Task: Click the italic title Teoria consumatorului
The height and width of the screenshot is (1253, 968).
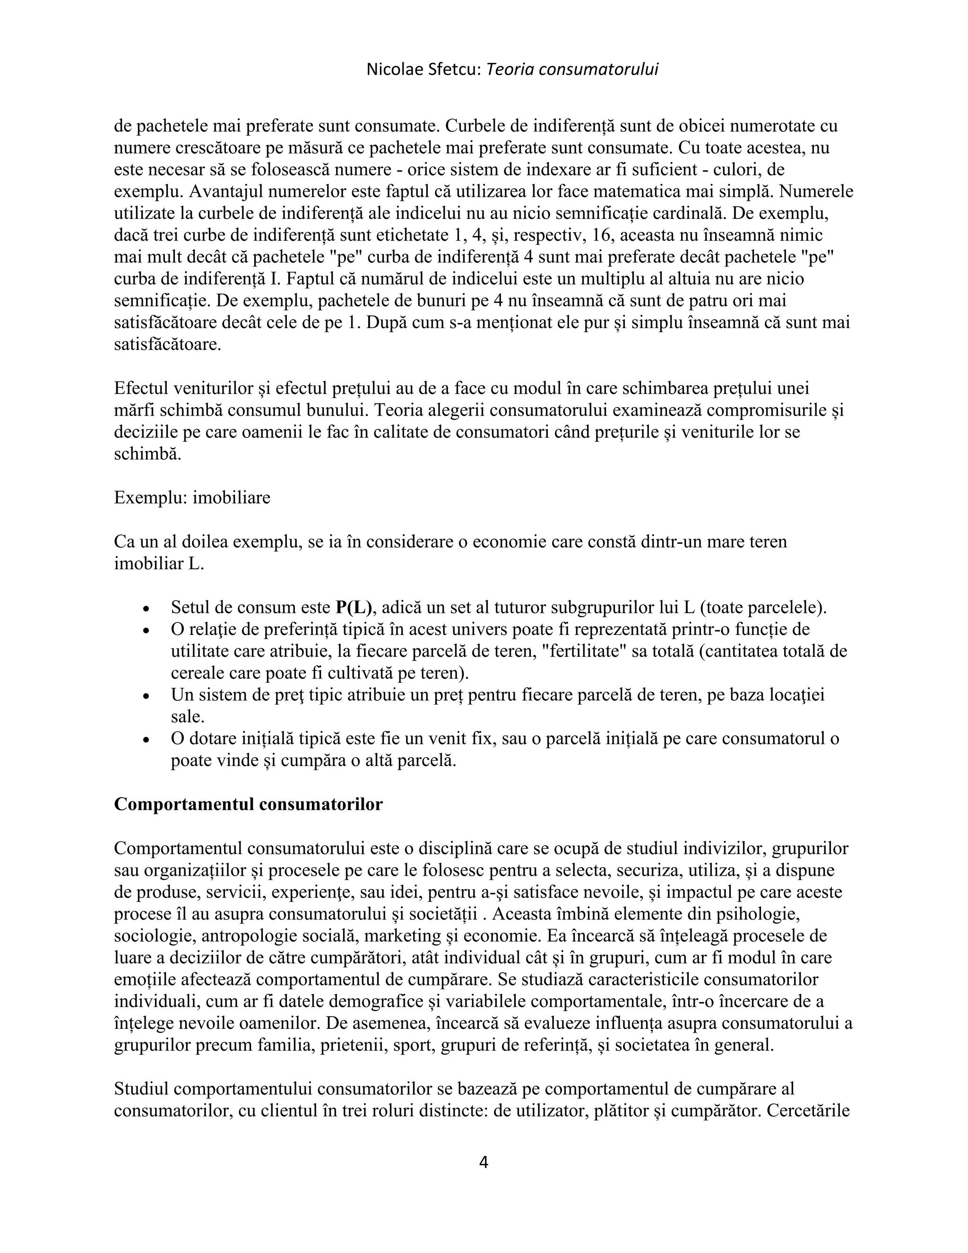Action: click(572, 70)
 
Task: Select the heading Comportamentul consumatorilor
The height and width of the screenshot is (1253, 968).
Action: click(248, 804)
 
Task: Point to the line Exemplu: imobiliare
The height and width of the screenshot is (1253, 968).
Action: click(192, 497)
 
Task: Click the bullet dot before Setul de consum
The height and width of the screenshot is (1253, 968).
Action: click(147, 609)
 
